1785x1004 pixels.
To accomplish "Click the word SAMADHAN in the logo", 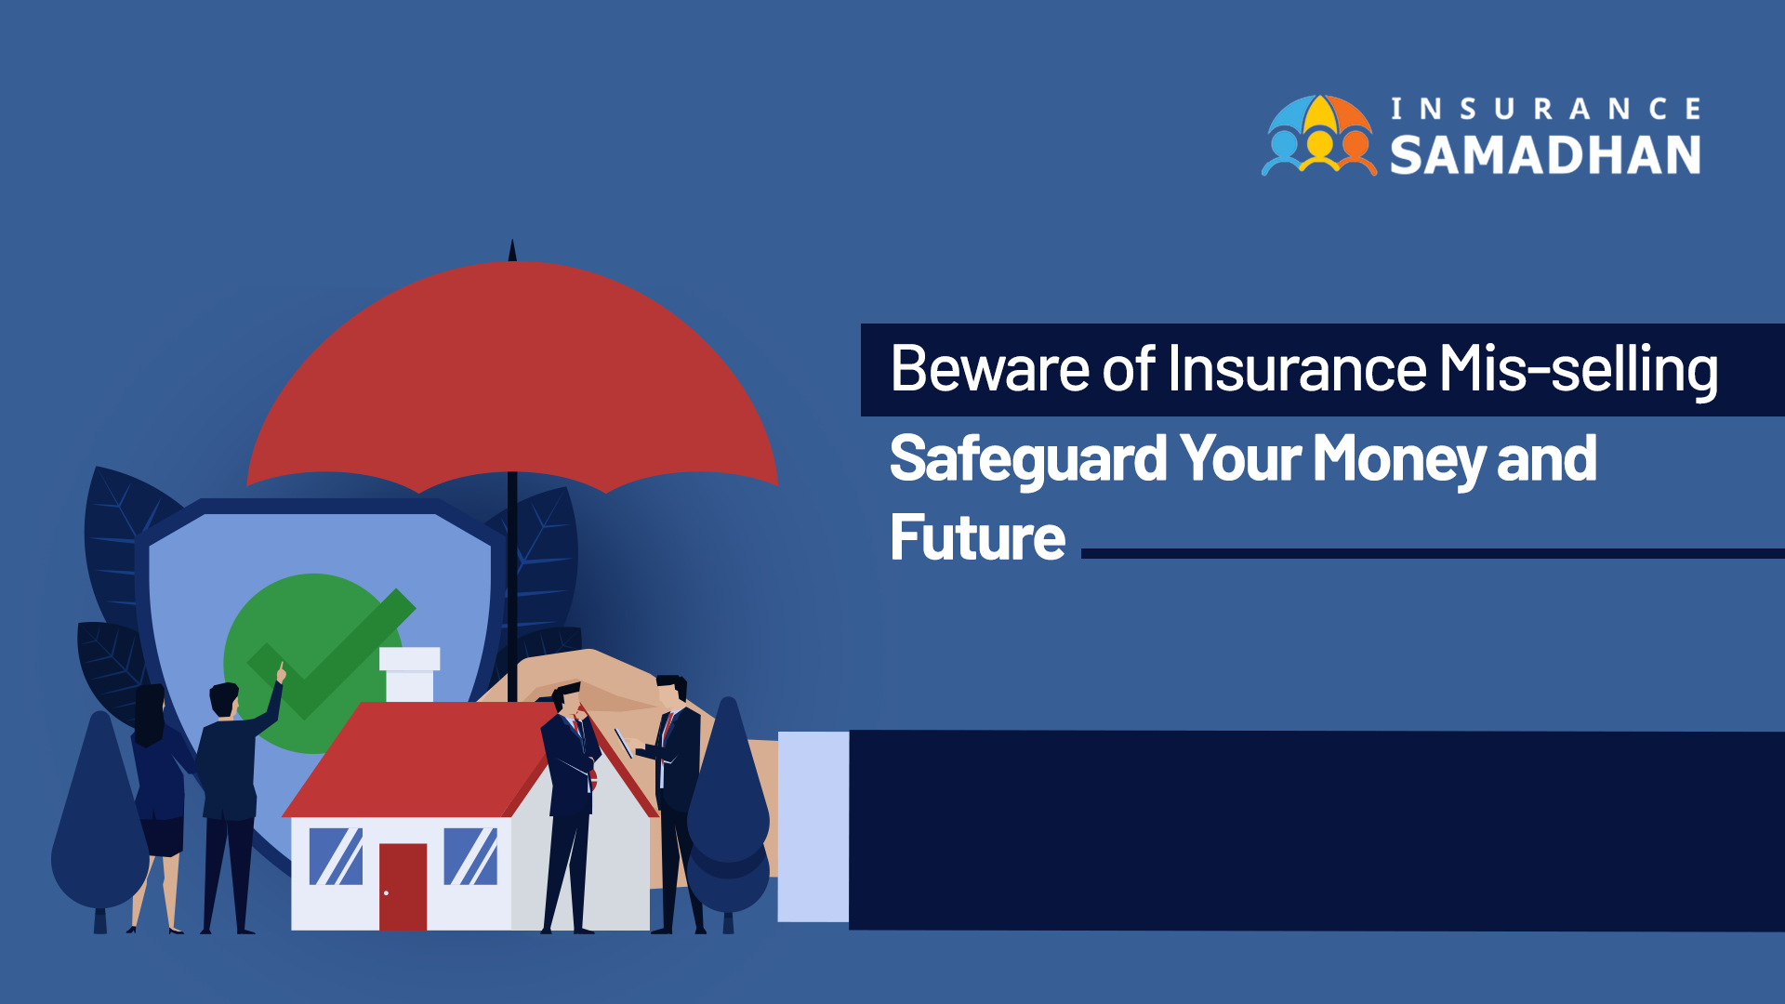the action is click(x=1545, y=154).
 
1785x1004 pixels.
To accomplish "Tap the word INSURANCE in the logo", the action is click(x=1545, y=109).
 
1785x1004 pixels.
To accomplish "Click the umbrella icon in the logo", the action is click(x=1318, y=135).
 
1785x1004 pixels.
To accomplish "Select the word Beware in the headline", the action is click(x=989, y=368).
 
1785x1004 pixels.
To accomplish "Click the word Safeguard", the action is click(x=1028, y=459).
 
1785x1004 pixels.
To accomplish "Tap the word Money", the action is click(x=1398, y=460).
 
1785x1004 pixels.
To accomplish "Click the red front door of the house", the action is click(x=403, y=886).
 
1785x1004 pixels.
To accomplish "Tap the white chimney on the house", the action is click(x=409, y=674).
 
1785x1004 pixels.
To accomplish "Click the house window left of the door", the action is click(x=336, y=856).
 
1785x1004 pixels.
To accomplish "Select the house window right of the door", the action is click(x=470, y=856).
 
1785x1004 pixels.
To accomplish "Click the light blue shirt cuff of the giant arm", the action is click(x=813, y=826).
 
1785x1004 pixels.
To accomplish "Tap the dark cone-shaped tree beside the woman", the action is click(x=99, y=818).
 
